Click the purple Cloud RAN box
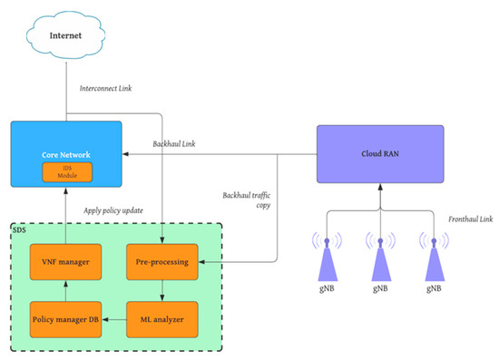pos(380,153)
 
